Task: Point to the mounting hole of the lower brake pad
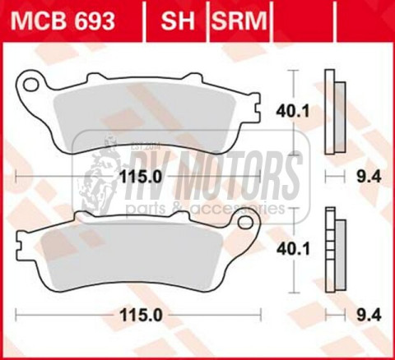tap(244, 221)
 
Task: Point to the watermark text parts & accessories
tap(206, 209)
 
